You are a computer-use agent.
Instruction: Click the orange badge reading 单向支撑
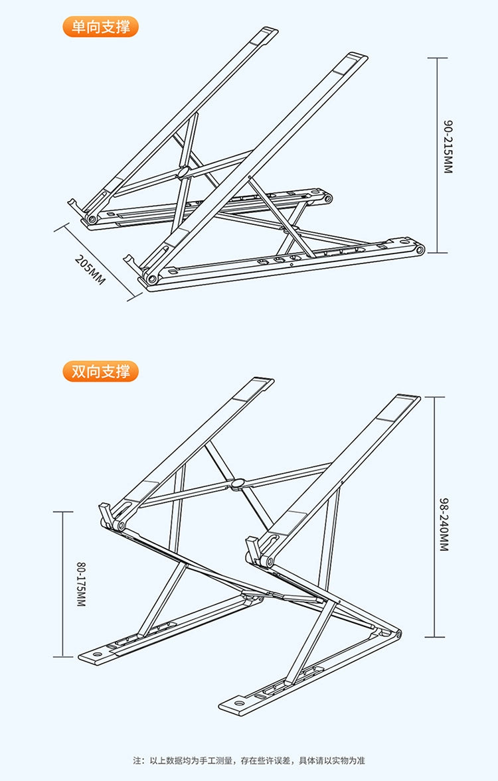(x=101, y=27)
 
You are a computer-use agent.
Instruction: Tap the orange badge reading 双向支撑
(x=101, y=371)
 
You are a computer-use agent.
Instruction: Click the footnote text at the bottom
(x=249, y=760)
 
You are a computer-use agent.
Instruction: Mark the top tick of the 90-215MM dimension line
(x=436, y=58)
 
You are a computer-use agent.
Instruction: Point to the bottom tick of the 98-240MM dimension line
(x=434, y=638)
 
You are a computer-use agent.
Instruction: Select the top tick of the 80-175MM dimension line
(x=63, y=512)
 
